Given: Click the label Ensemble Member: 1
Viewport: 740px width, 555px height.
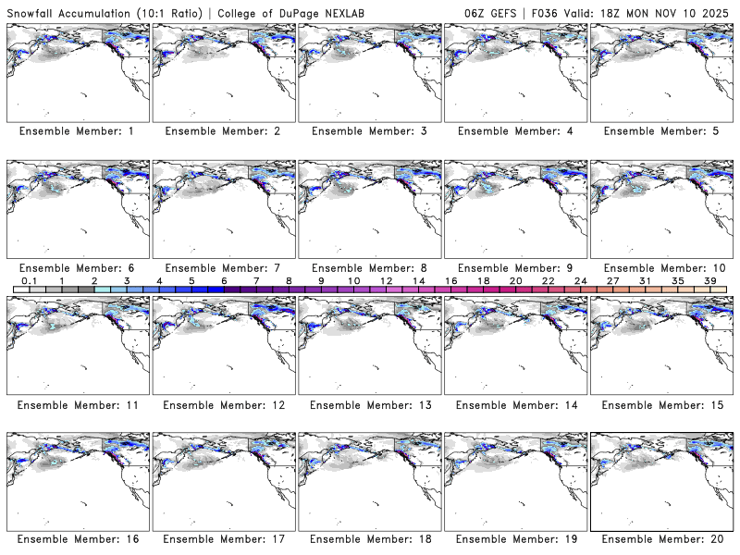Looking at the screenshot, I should (x=76, y=131).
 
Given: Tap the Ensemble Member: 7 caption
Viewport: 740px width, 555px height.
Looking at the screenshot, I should (x=222, y=268).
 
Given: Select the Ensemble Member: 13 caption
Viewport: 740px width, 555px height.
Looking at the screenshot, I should (x=368, y=405).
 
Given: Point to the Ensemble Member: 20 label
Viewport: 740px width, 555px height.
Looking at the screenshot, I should (x=660, y=538).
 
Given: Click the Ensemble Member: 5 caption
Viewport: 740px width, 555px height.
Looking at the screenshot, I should (x=660, y=131).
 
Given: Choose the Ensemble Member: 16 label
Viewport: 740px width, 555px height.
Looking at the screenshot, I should (x=76, y=538).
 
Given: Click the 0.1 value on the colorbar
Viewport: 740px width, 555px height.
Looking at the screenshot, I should (x=30, y=280).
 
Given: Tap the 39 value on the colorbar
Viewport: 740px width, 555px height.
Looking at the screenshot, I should (x=709, y=280).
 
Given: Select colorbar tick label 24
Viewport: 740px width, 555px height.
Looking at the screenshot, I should (x=580, y=280).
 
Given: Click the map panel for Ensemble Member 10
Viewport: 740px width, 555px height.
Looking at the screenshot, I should (x=660, y=209).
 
